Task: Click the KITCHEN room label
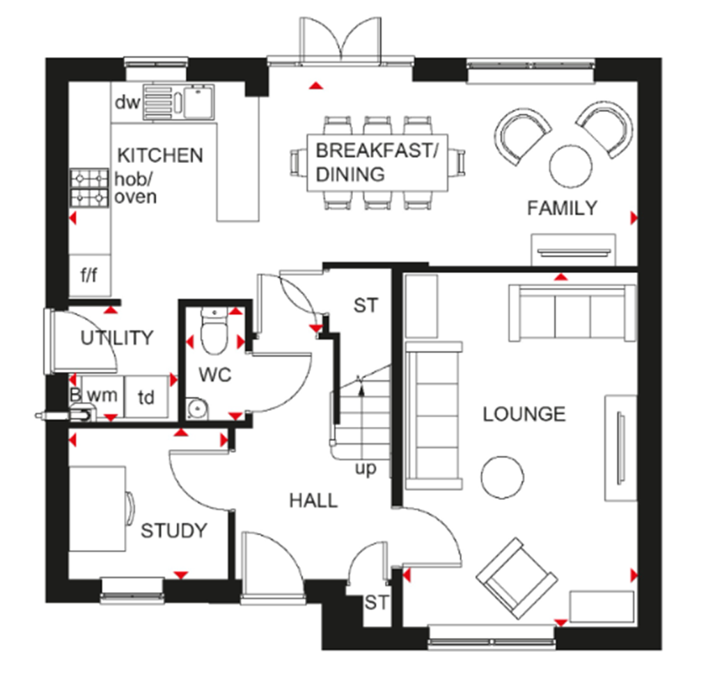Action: pos(160,155)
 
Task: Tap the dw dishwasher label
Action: pos(127,103)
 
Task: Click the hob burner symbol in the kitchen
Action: pos(90,187)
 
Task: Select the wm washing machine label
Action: pos(102,396)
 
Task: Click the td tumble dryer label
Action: pos(146,398)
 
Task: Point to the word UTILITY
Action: pos(116,339)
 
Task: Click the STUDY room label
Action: pos(174,531)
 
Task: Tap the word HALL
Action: pos(313,500)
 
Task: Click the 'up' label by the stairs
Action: pos(366,468)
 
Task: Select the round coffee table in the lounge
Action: pos(502,477)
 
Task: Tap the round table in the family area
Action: pos(571,166)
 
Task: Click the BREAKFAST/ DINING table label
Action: pos(373,162)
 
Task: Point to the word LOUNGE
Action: pos(524,414)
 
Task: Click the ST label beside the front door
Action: pos(376,602)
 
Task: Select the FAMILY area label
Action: pos(562,208)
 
